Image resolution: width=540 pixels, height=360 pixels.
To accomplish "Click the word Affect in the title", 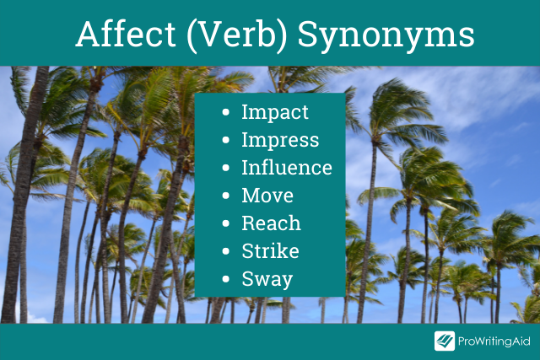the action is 126,34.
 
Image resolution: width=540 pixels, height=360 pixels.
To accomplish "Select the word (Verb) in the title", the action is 237,35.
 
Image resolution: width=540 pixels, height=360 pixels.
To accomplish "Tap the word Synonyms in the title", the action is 386,36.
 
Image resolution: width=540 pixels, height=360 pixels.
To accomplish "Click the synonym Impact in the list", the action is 275,112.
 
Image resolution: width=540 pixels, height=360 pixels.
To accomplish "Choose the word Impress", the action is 280,140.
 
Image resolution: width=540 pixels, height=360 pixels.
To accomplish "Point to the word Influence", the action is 287,168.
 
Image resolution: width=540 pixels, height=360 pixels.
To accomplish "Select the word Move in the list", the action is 267,196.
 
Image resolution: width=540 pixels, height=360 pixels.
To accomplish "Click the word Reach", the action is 272,223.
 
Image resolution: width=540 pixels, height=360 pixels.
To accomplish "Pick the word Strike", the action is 270,251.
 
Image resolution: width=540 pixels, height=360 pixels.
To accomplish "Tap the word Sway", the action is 267,279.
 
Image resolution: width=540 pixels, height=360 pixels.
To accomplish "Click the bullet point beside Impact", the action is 226,112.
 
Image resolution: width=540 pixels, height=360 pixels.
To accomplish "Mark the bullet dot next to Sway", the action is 226,279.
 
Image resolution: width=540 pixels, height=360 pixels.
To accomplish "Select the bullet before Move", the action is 226,196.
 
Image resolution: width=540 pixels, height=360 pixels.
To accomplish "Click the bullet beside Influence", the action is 226,168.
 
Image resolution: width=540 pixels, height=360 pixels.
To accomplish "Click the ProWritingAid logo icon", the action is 445,341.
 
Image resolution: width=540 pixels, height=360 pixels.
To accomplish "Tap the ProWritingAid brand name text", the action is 494,341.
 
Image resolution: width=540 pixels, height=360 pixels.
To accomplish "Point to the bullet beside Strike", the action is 226,251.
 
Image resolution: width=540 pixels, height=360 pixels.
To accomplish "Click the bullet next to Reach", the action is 226,223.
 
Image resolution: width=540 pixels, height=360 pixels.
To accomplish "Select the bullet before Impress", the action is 226,140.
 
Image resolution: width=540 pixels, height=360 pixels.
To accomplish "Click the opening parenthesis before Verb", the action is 192,36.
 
